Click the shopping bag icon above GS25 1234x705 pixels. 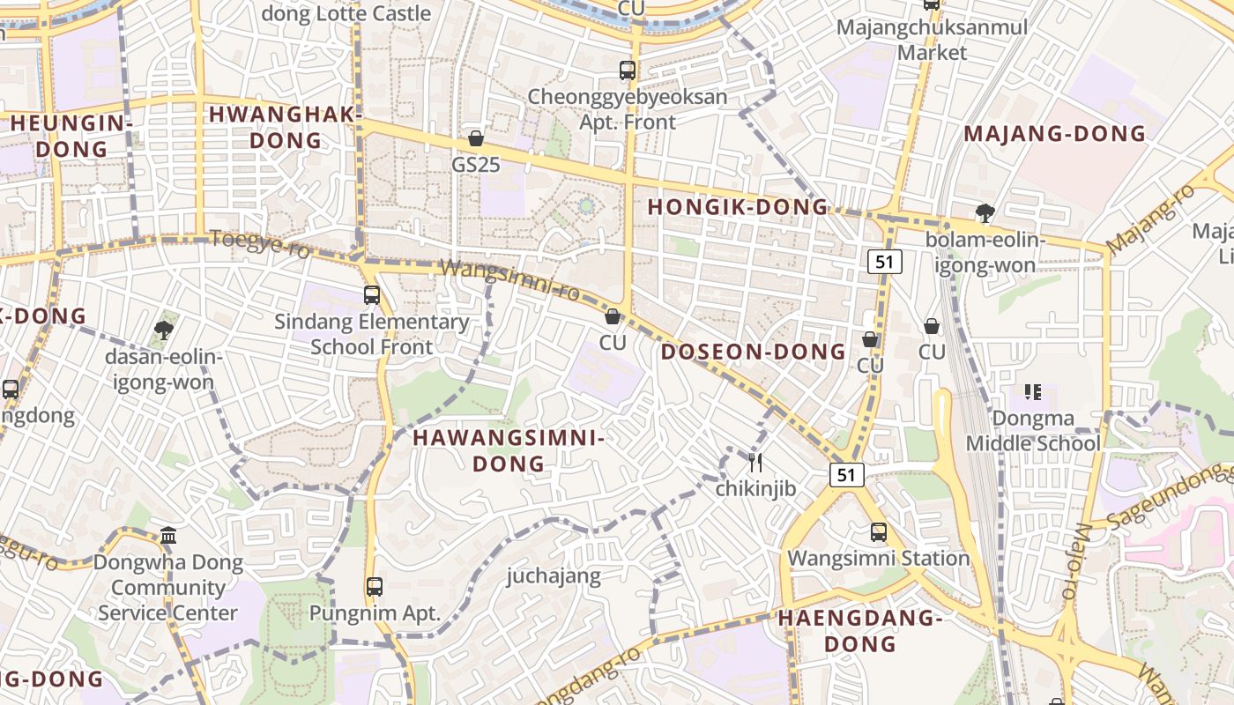click(476, 138)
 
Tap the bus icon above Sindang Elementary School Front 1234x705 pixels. click(372, 295)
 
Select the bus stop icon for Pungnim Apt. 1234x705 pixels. click(375, 586)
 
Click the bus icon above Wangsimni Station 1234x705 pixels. click(879, 532)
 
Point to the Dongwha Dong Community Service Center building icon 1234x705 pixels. click(168, 535)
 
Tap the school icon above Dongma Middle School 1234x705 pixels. click(1032, 392)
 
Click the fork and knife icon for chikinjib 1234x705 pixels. click(755, 462)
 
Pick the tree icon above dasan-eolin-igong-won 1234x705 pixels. click(163, 330)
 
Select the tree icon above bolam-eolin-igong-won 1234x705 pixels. click(985, 212)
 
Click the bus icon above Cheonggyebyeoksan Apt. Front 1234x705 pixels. click(628, 70)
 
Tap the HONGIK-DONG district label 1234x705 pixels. click(739, 208)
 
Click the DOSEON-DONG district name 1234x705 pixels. click(754, 352)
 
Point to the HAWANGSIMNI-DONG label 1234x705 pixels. click(509, 450)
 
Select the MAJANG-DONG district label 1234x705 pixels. click(1054, 134)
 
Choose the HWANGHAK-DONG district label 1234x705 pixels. click(286, 127)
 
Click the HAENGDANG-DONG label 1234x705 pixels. click(860, 631)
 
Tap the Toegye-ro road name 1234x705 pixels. click(260, 244)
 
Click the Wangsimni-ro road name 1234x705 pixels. click(509, 279)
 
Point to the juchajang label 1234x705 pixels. click(554, 576)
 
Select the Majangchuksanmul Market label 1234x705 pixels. click(932, 40)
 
